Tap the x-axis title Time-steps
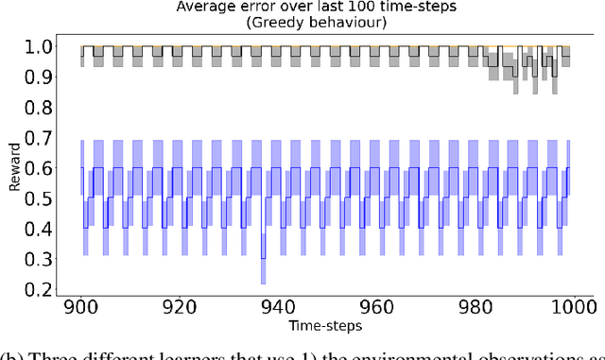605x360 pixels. [x=326, y=326]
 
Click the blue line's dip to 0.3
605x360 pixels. [x=263, y=258]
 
